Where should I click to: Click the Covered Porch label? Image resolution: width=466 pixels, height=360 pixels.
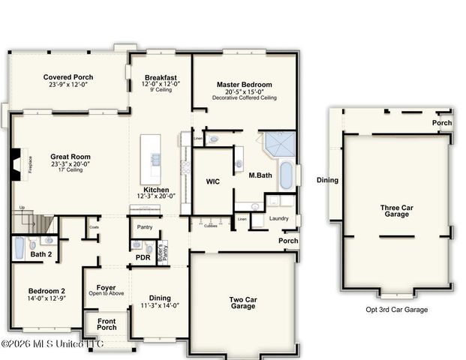click(68, 77)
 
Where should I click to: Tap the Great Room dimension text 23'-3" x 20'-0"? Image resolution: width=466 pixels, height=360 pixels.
click(71, 163)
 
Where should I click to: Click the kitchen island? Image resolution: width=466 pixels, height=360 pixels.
click(151, 159)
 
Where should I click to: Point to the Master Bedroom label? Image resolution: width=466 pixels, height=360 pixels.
click(245, 85)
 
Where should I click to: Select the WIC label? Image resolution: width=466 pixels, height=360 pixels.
click(212, 181)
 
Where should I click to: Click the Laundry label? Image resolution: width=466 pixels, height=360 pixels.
click(278, 218)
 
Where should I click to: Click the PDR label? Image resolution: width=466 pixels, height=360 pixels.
click(143, 257)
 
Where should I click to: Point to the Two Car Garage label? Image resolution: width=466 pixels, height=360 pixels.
click(242, 302)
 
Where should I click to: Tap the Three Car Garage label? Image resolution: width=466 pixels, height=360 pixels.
click(395, 211)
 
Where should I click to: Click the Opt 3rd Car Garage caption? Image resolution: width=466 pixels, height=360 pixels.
click(396, 309)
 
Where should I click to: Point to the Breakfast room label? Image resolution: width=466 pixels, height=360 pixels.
click(161, 77)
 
